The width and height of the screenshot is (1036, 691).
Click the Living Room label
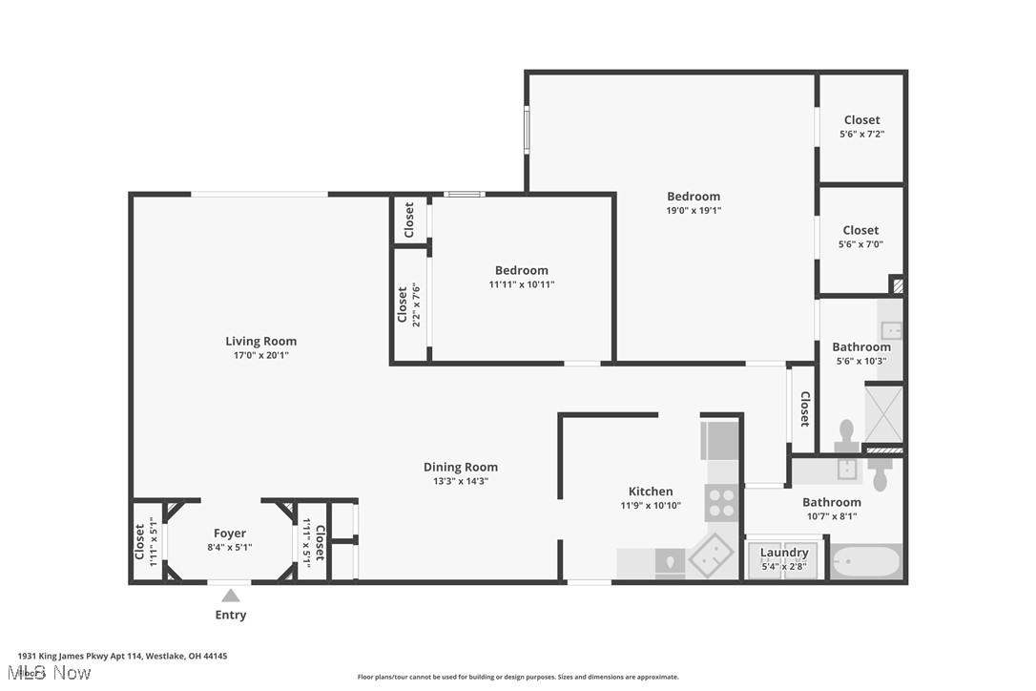(x=260, y=341)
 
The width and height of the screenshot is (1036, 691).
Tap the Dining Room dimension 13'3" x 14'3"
(x=461, y=481)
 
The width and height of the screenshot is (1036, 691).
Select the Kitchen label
(x=651, y=492)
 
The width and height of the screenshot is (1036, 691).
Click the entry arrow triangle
(x=231, y=596)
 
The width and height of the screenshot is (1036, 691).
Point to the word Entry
(x=231, y=616)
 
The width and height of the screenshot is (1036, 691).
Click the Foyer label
(x=230, y=534)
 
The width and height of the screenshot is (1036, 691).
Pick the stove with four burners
(x=720, y=502)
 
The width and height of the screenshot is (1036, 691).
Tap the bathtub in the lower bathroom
(x=865, y=561)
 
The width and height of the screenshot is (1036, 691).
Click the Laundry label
(x=784, y=553)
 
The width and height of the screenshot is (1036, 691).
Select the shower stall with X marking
(x=883, y=415)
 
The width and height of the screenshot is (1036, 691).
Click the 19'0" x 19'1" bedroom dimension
(x=694, y=211)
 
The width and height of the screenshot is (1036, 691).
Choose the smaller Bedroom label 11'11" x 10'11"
(x=521, y=270)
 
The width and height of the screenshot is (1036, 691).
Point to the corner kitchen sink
(x=711, y=556)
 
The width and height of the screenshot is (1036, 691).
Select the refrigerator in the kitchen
(x=720, y=440)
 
